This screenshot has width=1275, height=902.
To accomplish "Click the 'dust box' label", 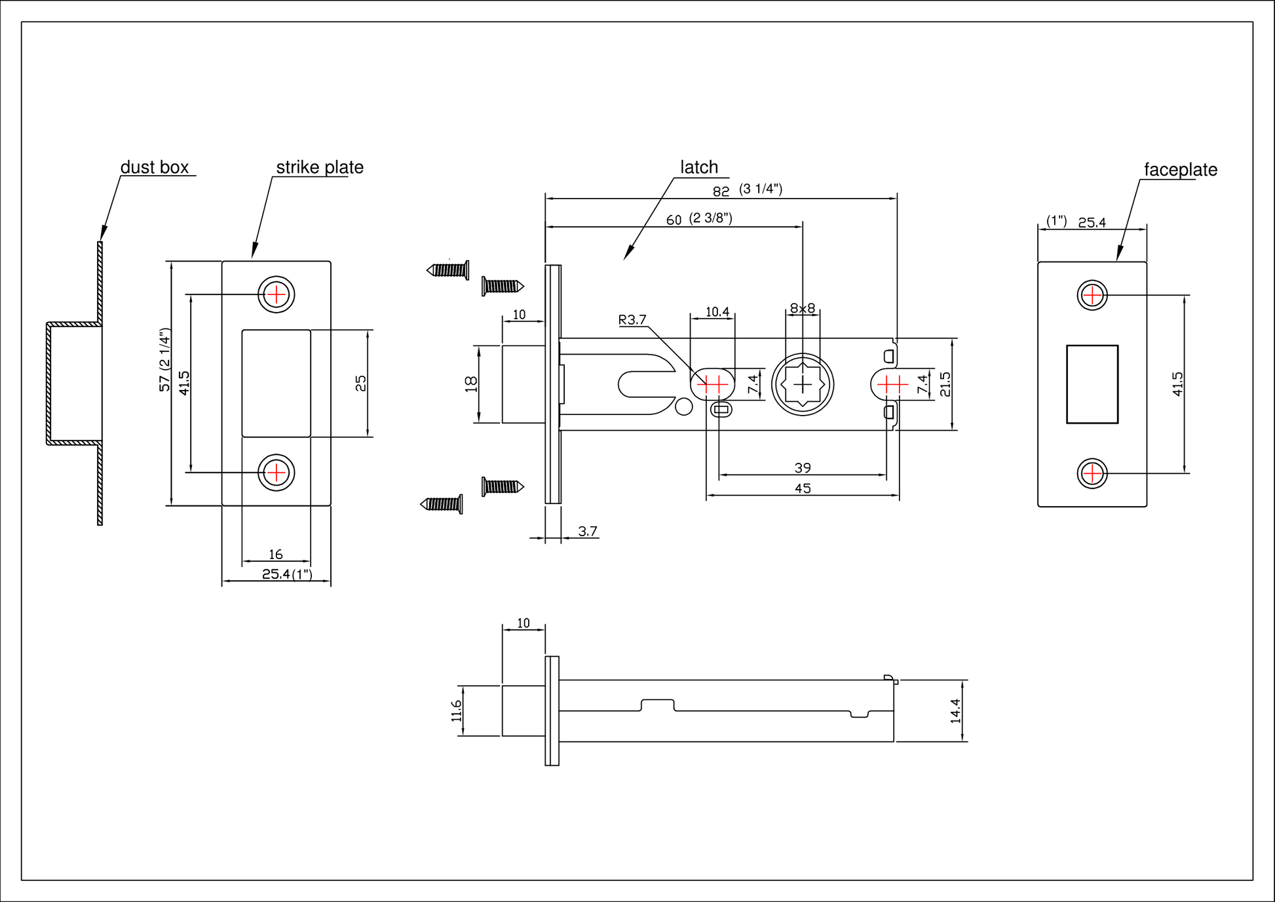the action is tap(155, 167).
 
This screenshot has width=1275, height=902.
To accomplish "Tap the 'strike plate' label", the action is tap(320, 167).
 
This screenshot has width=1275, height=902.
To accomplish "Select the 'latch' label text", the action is tap(699, 167).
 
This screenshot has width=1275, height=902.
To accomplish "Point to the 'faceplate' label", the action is tap(1181, 170).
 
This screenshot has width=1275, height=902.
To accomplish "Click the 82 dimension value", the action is tap(721, 191).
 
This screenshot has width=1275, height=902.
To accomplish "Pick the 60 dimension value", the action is tap(674, 220).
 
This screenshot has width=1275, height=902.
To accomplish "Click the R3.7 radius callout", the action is tap(632, 320).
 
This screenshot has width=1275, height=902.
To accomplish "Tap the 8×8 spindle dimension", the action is tap(803, 308).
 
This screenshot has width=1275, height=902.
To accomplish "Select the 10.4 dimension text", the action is tap(717, 312).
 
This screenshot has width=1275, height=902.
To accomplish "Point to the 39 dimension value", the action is tap(803, 468).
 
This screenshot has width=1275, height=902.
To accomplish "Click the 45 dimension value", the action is tap(803, 488).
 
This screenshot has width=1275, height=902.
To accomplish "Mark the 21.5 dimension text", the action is tap(945, 384).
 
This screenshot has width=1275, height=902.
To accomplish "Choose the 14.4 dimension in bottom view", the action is tap(955, 711).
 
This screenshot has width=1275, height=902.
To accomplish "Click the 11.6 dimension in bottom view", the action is tap(456, 711).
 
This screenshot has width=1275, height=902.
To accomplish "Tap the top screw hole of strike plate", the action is tap(276, 295).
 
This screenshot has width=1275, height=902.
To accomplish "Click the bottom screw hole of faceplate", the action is tap(1092, 473).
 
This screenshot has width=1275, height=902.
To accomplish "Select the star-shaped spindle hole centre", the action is tap(803, 384).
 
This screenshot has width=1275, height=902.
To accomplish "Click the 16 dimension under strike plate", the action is tap(276, 555).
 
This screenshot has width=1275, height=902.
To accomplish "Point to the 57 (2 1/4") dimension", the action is tap(165, 360).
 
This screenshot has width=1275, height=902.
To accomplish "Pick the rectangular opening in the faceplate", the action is tap(1092, 384).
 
